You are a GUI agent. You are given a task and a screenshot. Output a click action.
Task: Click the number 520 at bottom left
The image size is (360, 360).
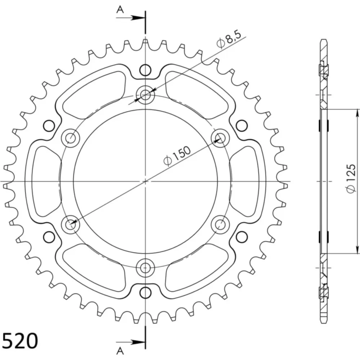(x=20, y=341)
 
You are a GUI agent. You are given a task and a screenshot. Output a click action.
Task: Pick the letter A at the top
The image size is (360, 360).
(x=120, y=10)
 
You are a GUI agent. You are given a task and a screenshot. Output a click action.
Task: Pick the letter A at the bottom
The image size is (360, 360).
(x=120, y=351)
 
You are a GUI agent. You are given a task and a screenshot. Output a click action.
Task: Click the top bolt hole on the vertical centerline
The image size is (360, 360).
(x=145, y=94)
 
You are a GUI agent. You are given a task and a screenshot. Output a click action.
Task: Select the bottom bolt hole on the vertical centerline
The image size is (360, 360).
(x=145, y=268)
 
